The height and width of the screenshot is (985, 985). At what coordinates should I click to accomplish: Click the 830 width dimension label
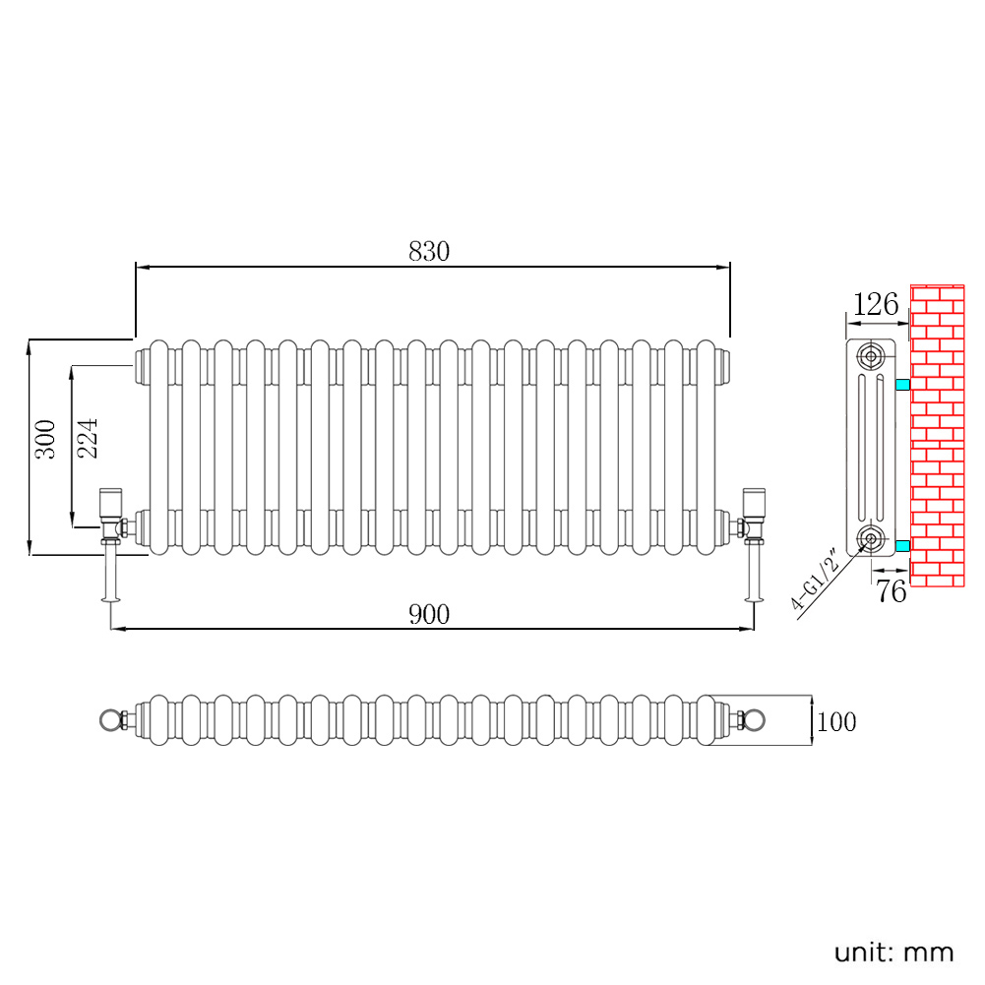[x=429, y=251]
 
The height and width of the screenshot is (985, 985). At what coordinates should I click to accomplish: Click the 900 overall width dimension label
[x=429, y=614]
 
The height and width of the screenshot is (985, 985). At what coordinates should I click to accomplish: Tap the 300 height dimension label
[x=45, y=439]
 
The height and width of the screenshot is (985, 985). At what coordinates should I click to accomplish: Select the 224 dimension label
[x=88, y=438]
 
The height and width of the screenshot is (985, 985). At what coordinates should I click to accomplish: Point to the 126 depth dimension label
[x=876, y=305]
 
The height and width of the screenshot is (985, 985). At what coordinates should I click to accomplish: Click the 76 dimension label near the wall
[x=892, y=591]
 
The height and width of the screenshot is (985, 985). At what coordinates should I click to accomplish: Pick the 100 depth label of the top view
[x=836, y=722]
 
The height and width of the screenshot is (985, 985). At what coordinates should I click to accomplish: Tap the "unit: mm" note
[x=893, y=953]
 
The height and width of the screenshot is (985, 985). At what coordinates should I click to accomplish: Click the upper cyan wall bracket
[x=902, y=385]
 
